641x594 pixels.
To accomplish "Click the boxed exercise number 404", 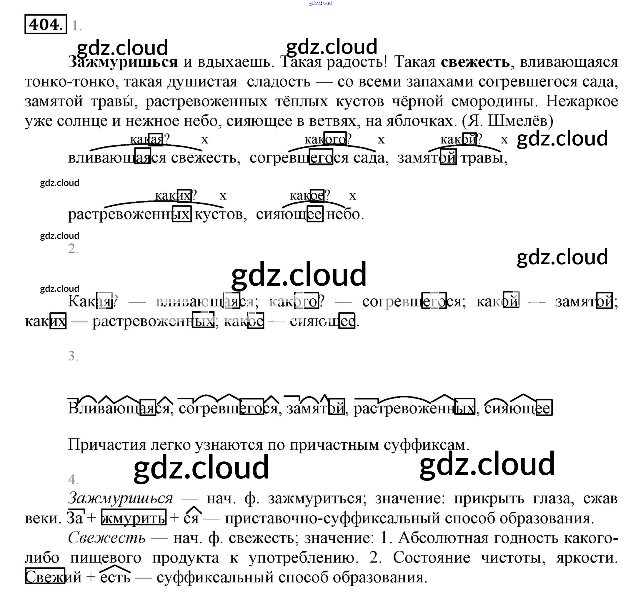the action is [x=45, y=24].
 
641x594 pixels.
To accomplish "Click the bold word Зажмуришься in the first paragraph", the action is [x=123, y=62].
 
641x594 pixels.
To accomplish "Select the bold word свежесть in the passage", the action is [x=475, y=62].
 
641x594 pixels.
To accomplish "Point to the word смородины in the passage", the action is [x=493, y=101].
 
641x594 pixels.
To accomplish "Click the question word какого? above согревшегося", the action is [x=327, y=139].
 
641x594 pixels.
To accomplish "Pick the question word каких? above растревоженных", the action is [x=175, y=195].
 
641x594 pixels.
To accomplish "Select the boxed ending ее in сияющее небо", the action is [x=315, y=214].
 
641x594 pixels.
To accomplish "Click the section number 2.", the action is [x=73, y=249].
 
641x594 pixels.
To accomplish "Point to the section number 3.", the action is [x=73, y=356].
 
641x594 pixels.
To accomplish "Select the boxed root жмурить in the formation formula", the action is [x=134, y=518].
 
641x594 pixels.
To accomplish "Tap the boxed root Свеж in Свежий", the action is [x=45, y=577].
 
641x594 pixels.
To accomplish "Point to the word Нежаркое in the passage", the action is [x=582, y=101].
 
